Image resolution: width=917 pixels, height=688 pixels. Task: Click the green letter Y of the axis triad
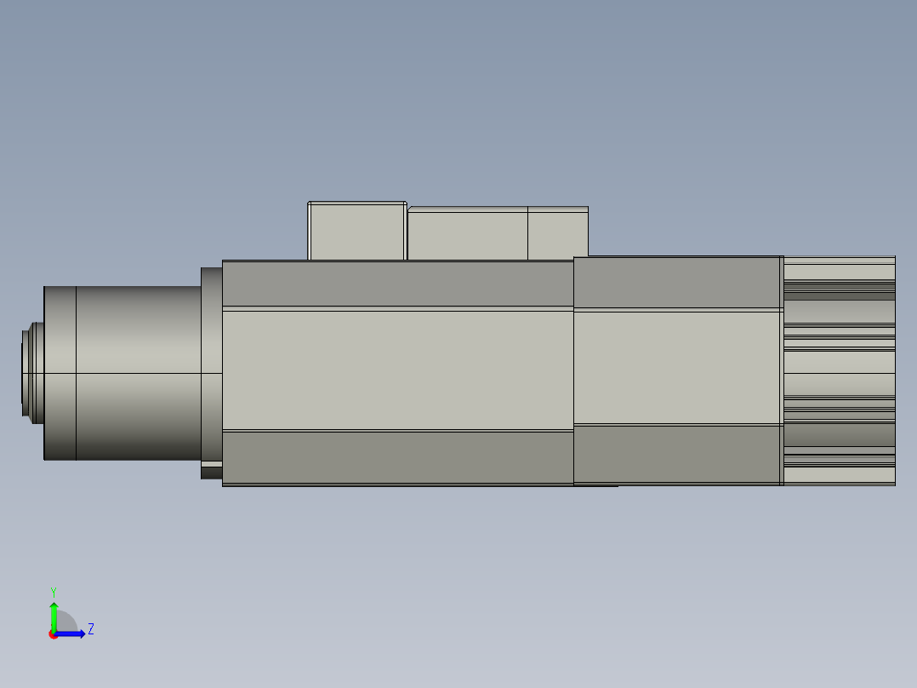click(53, 591)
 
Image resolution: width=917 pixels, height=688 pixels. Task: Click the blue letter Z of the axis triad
click(90, 629)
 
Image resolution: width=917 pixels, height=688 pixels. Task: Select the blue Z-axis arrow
click(72, 634)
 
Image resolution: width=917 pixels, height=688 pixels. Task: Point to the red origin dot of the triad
click(53, 634)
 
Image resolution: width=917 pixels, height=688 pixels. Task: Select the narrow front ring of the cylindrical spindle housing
click(60, 372)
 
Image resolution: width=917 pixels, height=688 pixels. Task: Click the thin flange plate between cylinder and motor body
click(211, 366)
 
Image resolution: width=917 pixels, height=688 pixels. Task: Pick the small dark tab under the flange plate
click(211, 471)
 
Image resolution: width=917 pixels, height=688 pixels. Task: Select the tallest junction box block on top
click(356, 232)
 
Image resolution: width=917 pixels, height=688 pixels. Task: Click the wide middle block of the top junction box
click(467, 234)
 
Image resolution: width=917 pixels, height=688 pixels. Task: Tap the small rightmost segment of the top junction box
click(557, 234)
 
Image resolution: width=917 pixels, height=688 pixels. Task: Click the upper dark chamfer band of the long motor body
click(397, 284)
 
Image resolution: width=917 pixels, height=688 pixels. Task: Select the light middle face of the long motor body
click(397, 370)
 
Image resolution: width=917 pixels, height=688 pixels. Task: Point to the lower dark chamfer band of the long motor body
click(397, 457)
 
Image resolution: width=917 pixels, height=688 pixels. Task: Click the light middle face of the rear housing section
click(678, 367)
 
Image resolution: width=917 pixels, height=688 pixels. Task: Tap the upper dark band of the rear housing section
click(678, 283)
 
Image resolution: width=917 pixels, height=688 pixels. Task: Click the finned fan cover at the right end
click(839, 370)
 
